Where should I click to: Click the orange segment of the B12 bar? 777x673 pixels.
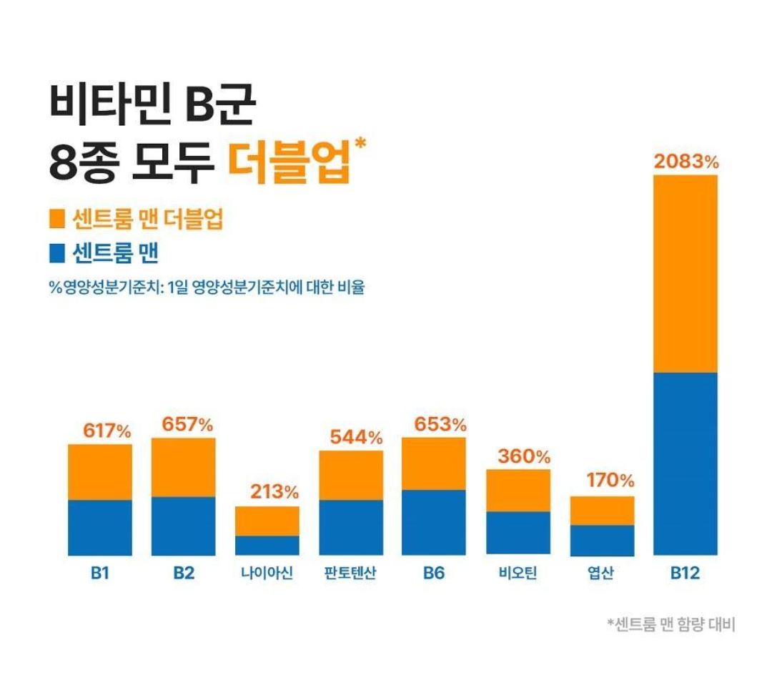click(x=686, y=273)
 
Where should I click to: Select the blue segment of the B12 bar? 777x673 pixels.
click(x=686, y=463)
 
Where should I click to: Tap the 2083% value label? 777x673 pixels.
click(x=686, y=162)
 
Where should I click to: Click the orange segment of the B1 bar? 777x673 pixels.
click(x=100, y=472)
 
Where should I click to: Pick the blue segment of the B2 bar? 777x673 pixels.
click(x=184, y=526)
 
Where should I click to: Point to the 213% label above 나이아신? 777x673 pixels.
click(x=274, y=492)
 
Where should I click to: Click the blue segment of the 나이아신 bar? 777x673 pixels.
click(x=267, y=545)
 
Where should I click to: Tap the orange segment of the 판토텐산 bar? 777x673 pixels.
click(x=351, y=476)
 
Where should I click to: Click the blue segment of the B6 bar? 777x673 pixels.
click(x=434, y=522)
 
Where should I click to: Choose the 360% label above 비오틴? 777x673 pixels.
click(x=525, y=456)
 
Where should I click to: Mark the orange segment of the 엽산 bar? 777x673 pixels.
click(x=603, y=511)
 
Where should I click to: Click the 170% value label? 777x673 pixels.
click(x=610, y=481)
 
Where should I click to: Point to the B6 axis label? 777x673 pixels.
click(x=433, y=574)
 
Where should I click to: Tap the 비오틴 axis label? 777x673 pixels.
click(x=518, y=574)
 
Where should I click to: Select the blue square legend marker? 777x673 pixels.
click(x=58, y=252)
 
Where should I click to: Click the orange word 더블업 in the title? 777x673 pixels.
click(x=289, y=163)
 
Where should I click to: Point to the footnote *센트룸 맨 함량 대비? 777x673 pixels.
click(x=670, y=624)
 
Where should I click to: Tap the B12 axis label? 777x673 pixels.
click(x=685, y=574)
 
